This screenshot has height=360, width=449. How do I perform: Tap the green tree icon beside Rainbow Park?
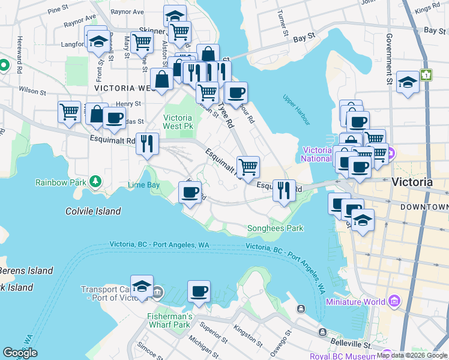coord(95,181)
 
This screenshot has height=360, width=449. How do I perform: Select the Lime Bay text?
coord(143,185)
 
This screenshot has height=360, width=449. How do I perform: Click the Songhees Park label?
coord(275,228)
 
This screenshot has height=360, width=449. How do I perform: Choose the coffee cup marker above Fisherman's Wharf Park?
coord(199,292)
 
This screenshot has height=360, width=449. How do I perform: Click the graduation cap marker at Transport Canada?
coord(142,287)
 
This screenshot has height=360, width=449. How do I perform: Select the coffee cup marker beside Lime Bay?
coord(190,193)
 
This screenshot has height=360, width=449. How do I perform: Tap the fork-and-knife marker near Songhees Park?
coord(284,190)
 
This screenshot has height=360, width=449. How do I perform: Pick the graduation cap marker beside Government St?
coord(408,82)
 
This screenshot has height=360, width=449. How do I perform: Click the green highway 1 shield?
coord(426,75)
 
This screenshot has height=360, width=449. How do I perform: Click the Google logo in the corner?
coord(20,353)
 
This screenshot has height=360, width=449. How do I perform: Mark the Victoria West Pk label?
coord(178,122)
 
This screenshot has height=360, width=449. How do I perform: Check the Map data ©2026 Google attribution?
coord(411,355)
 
